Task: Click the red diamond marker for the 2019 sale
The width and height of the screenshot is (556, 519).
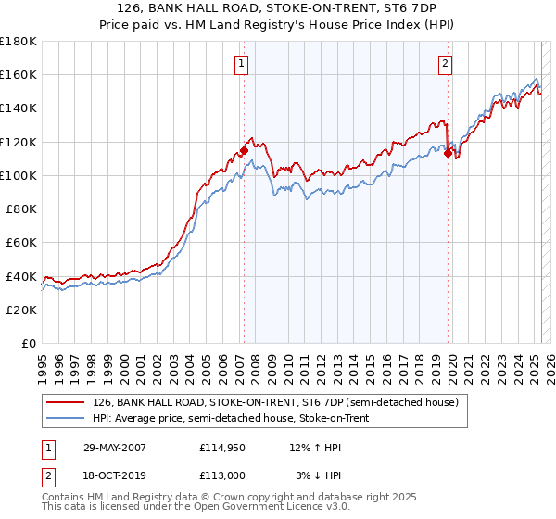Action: point(448,154)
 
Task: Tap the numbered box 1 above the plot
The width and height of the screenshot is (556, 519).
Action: point(241,64)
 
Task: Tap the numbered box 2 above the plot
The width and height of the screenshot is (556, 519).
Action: point(446,64)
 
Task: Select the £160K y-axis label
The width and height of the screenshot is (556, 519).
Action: point(19,74)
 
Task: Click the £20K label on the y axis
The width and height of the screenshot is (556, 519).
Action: point(22,310)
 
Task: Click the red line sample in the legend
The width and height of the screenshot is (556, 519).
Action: point(66,402)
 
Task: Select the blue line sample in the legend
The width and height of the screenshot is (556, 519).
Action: point(66,418)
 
